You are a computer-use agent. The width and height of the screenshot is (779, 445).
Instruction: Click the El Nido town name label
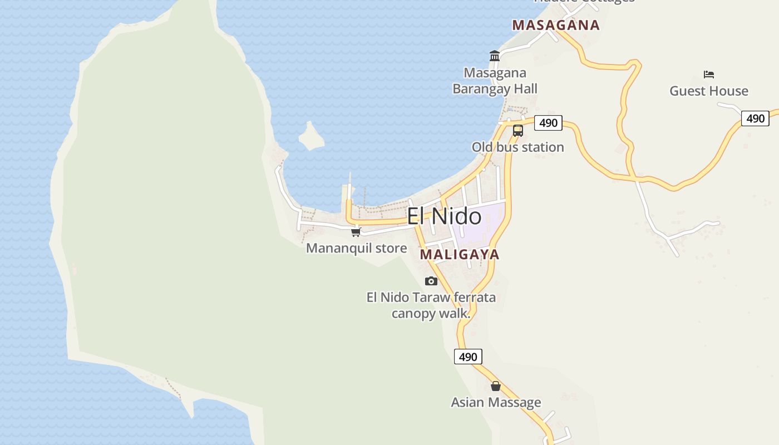pyautogui.click(x=444, y=216)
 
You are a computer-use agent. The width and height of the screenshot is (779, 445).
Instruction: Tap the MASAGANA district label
pyautogui.click(x=556, y=25)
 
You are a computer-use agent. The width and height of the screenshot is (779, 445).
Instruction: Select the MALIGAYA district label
pyautogui.click(x=460, y=255)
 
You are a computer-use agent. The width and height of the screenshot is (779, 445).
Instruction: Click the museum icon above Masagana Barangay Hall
pyautogui.click(x=495, y=56)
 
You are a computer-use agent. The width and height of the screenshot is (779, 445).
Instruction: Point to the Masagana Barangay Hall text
pyautogui.click(x=495, y=81)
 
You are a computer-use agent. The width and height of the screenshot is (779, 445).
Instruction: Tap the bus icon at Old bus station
pyautogui.click(x=518, y=131)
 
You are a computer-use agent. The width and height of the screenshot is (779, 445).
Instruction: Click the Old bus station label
pyautogui.click(x=517, y=147)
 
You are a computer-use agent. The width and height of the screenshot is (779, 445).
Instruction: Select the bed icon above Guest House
pyautogui.click(x=708, y=75)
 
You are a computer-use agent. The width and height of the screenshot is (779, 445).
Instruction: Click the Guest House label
pyautogui.click(x=708, y=91)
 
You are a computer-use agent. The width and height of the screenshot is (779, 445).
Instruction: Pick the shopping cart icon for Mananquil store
pyautogui.click(x=356, y=232)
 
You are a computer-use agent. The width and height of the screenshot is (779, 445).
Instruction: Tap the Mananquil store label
pyautogui.click(x=356, y=248)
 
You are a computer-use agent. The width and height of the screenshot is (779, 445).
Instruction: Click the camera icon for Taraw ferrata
pyautogui.click(x=431, y=281)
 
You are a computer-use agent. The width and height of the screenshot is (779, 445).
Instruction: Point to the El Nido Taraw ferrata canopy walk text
pyautogui.click(x=431, y=305)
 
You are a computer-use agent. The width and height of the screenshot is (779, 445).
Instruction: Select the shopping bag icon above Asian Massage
pyautogui.click(x=496, y=386)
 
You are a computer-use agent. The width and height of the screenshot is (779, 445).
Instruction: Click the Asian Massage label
pyautogui.click(x=496, y=402)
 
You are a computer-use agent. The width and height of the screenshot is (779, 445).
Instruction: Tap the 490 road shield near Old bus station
pyautogui.click(x=548, y=123)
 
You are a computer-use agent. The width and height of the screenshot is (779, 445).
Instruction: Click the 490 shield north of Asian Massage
pyautogui.click(x=468, y=357)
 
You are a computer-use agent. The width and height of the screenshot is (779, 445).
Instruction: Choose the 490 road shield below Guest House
pyautogui.click(x=755, y=118)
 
